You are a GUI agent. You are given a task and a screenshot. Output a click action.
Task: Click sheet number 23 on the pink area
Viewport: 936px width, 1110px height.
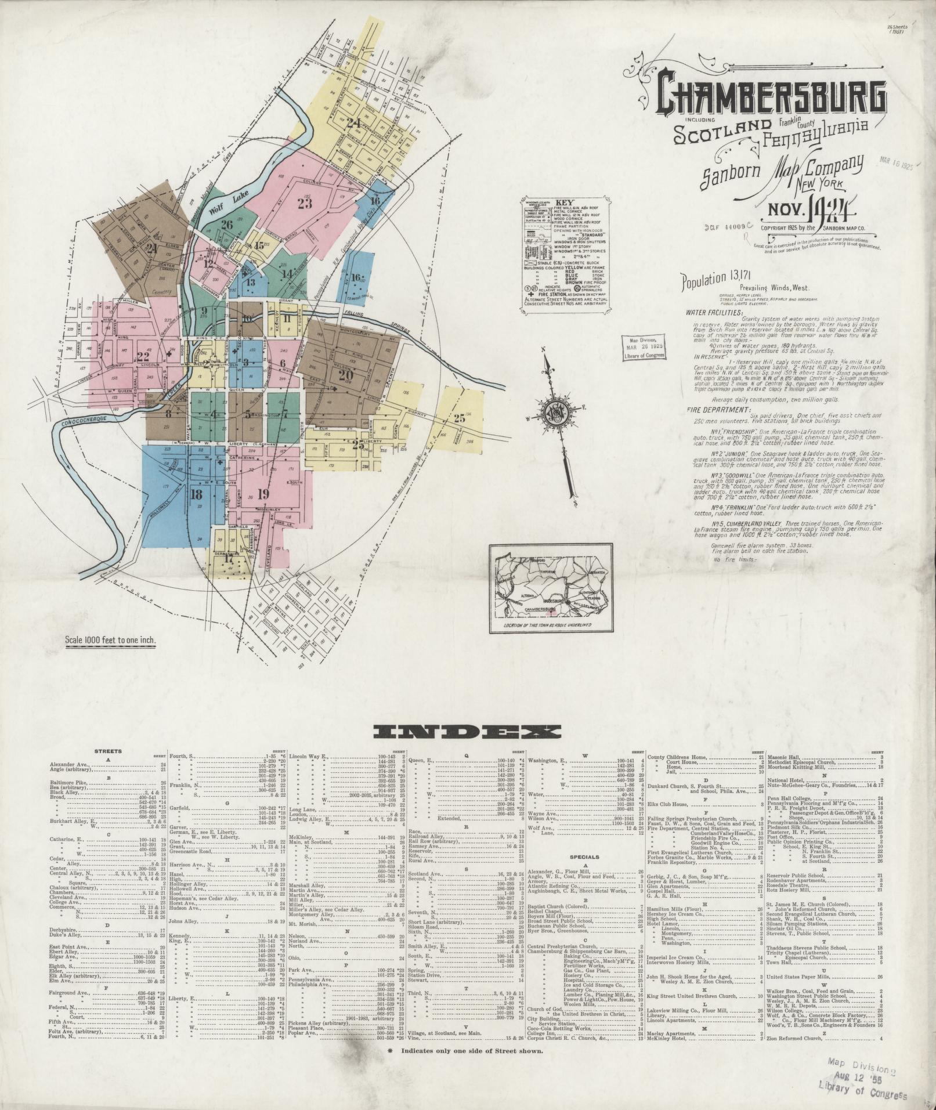[304, 204]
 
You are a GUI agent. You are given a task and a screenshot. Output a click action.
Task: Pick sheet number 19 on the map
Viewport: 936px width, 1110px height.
[263, 494]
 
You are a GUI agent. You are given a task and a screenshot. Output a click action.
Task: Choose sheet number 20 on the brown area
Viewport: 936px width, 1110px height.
[346, 374]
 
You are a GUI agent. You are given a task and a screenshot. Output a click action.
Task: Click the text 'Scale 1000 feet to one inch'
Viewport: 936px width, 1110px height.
[111, 641]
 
